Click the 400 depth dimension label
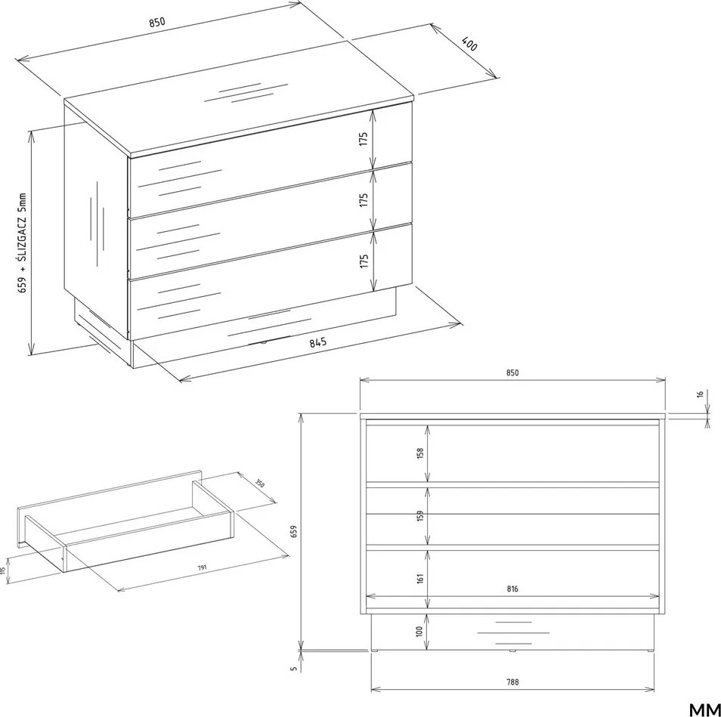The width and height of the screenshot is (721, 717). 470,43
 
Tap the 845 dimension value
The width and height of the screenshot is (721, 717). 317,343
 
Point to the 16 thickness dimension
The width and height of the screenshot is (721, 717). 700,394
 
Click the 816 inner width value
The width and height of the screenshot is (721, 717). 512,589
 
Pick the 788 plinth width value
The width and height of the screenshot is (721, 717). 512,682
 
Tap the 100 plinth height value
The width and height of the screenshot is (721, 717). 419,631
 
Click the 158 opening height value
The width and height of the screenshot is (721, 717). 419,453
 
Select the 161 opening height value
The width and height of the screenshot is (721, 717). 419,578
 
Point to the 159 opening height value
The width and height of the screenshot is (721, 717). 419,516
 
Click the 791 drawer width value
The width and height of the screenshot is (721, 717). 203,568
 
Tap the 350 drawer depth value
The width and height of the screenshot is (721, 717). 260,483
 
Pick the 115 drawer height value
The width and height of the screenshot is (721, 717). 3,571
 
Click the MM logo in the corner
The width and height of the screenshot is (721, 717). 705,709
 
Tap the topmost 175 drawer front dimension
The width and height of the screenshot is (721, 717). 364,139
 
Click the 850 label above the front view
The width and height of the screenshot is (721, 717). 512,372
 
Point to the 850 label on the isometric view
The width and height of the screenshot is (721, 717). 156,23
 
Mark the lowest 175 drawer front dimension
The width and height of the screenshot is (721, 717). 364,261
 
